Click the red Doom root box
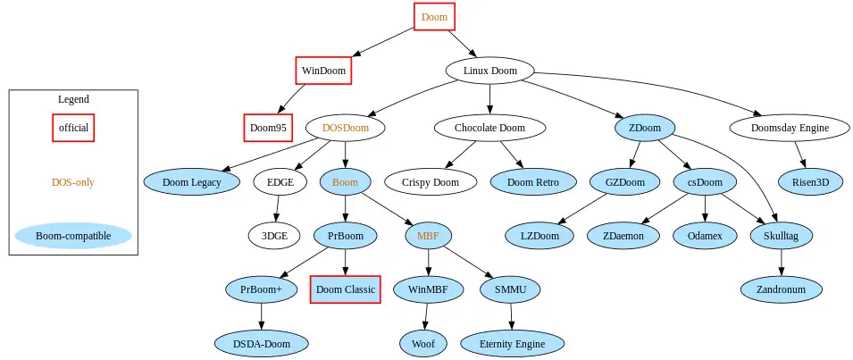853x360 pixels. point(434,17)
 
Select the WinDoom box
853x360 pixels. point(322,71)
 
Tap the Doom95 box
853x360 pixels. point(268,128)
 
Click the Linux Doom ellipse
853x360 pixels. point(489,71)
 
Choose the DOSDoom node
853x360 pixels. point(346,128)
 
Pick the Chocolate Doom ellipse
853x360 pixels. point(489,128)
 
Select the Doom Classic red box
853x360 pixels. point(346,289)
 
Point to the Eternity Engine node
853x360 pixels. point(513,343)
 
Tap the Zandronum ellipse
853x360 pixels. point(782,289)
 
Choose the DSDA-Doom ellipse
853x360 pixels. point(261,343)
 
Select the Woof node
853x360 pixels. point(423,343)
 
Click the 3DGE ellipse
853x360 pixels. point(274,236)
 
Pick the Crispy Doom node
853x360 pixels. point(435,182)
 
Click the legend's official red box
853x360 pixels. point(73,128)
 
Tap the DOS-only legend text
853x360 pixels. point(73,182)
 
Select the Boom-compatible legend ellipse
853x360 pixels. point(73,237)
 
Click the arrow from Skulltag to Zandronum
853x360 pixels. point(782,263)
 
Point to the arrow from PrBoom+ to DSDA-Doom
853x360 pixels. point(261,316)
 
